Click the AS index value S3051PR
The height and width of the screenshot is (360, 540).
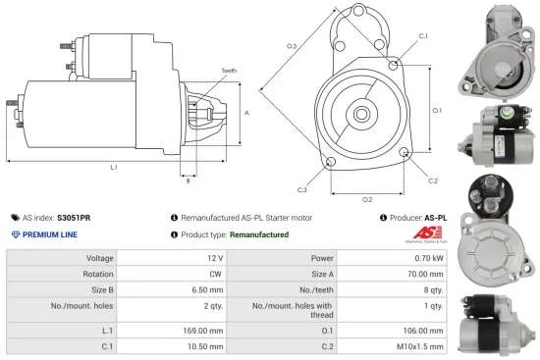[x=74, y=217]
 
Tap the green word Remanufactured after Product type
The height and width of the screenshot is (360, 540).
[x=252, y=234]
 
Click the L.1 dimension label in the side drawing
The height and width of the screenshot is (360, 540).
[x=114, y=168]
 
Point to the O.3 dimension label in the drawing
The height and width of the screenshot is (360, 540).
[x=292, y=47]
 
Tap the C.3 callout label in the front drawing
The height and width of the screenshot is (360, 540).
[x=301, y=189]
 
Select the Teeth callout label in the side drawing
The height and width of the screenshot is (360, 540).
[x=229, y=71]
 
